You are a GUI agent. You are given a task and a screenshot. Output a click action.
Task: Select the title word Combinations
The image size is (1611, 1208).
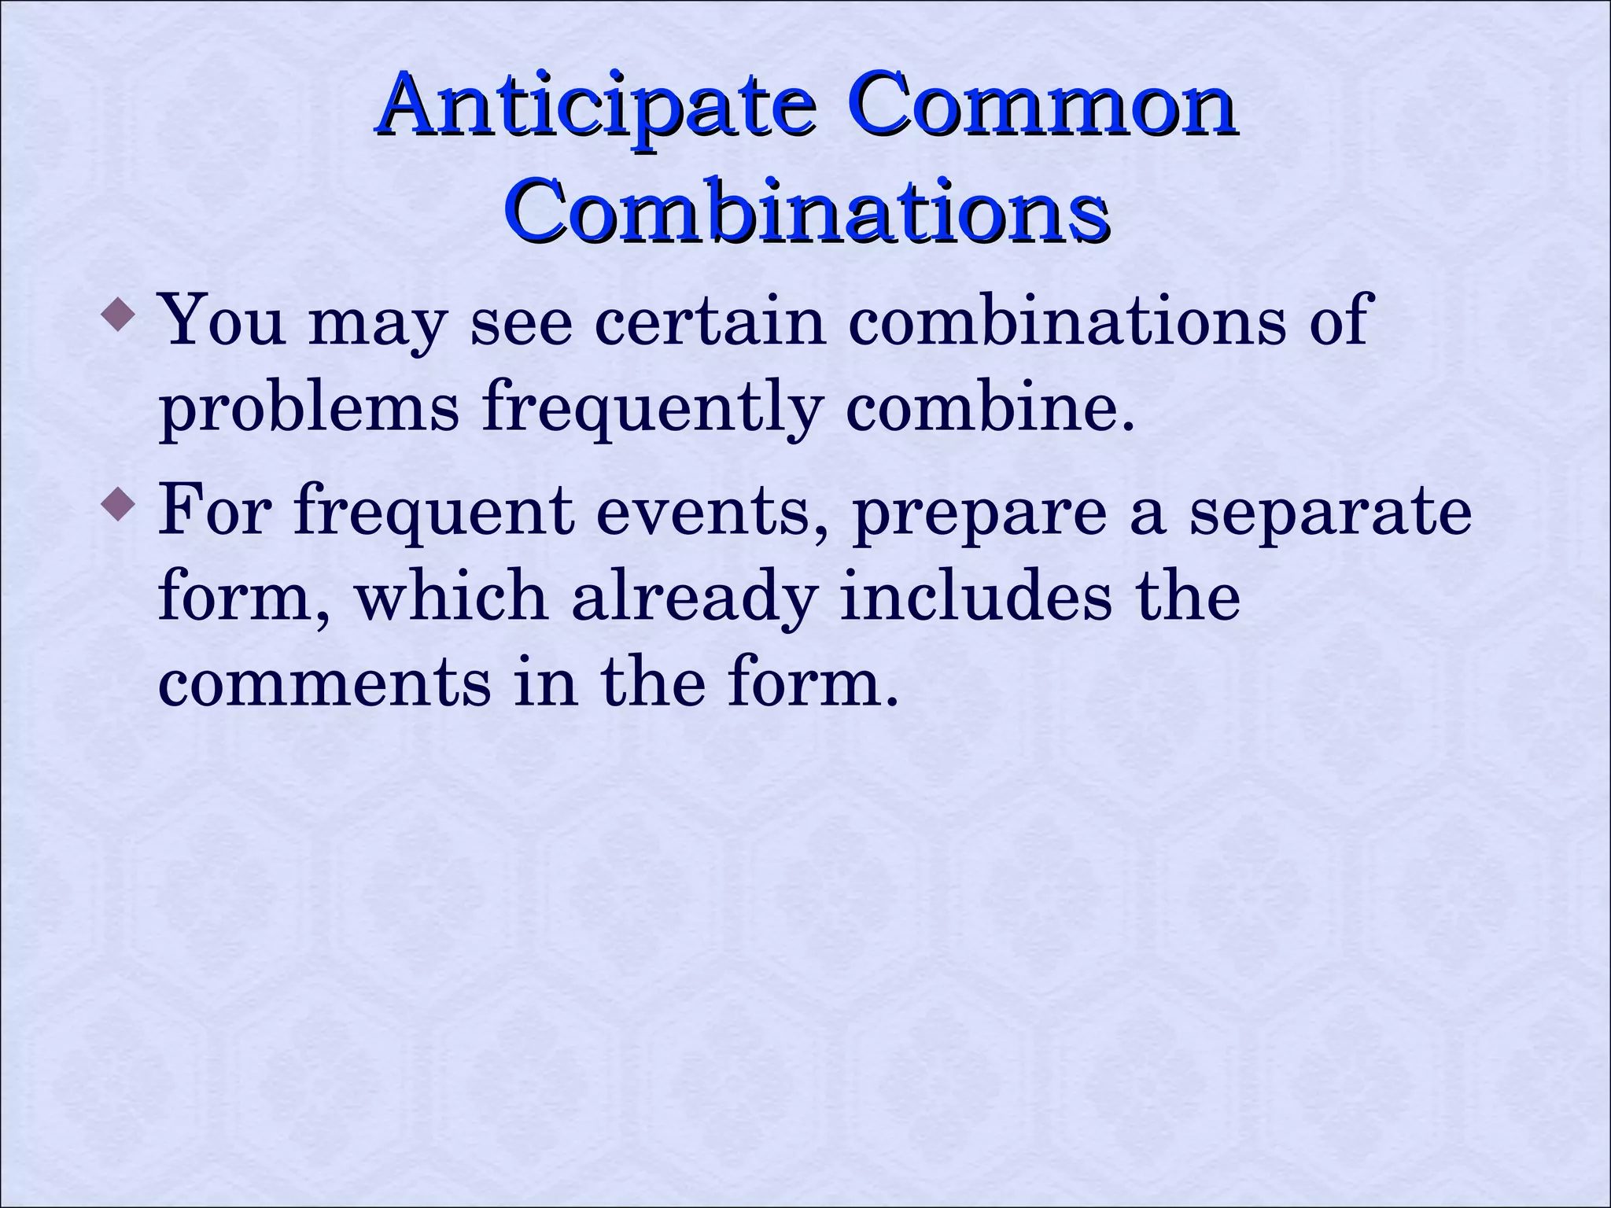pyautogui.click(x=805, y=211)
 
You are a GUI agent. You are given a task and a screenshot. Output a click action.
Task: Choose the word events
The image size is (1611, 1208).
pyautogui.click(x=713, y=511)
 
